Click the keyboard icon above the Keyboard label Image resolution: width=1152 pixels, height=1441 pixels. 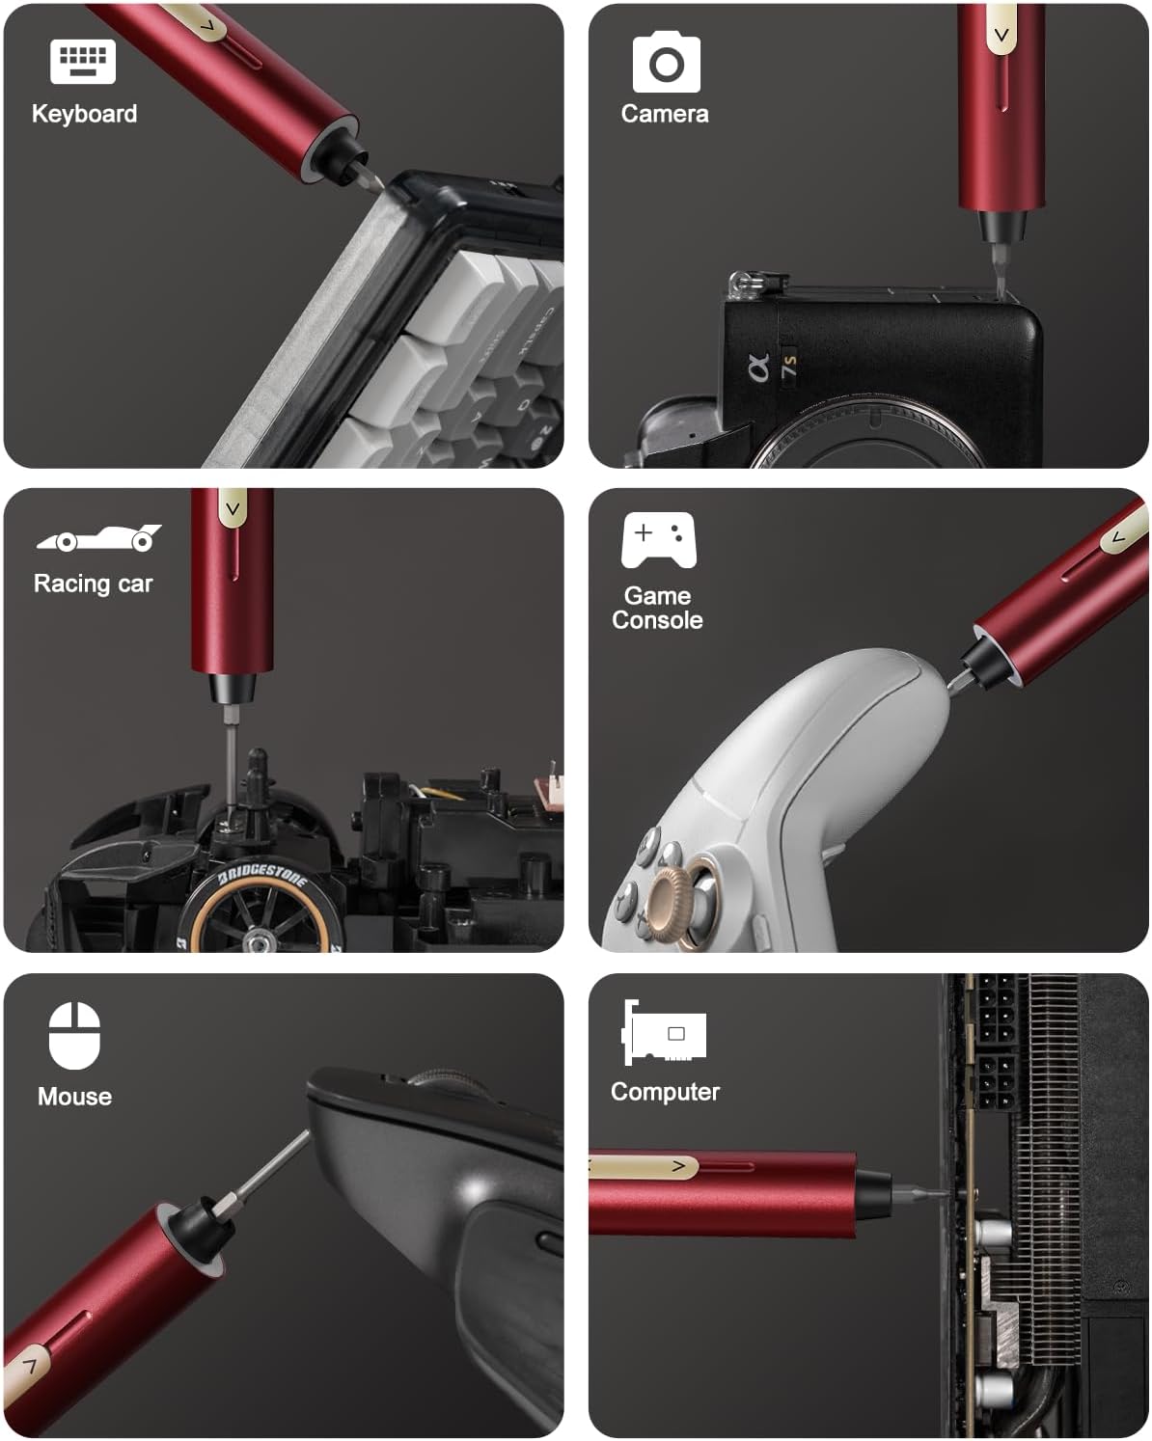click(83, 62)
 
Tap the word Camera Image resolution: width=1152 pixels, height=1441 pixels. click(664, 114)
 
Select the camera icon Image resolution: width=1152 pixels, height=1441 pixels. click(666, 63)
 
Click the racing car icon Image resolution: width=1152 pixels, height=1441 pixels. click(98, 538)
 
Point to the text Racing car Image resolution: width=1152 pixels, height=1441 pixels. click(93, 584)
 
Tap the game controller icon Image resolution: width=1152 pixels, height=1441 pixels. click(658, 539)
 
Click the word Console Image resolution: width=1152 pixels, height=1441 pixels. click(657, 620)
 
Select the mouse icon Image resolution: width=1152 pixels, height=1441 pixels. click(74, 1036)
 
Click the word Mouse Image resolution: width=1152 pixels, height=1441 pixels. click(74, 1097)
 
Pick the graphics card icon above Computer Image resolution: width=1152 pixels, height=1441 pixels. click(665, 1032)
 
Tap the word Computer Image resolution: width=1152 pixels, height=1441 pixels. click(665, 1092)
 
